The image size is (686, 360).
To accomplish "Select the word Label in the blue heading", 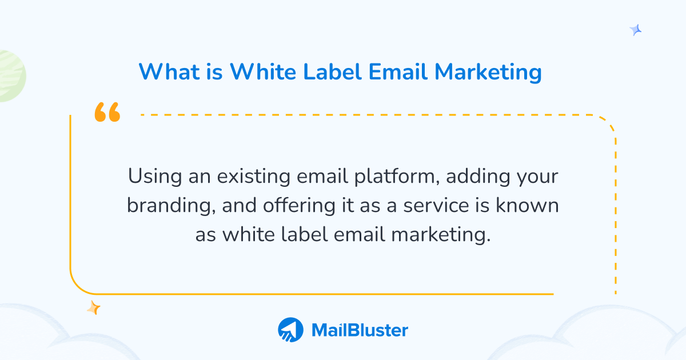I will pos(325,73).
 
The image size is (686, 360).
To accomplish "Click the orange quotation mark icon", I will pos(107,113).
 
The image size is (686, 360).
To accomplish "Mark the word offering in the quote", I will pos(299,206).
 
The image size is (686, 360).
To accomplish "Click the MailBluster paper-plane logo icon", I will pos(291,330).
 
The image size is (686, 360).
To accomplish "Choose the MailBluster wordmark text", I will pos(360,330).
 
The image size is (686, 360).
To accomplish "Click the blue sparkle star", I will pos(636,30).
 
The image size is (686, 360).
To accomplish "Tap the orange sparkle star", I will pos(93,308).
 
